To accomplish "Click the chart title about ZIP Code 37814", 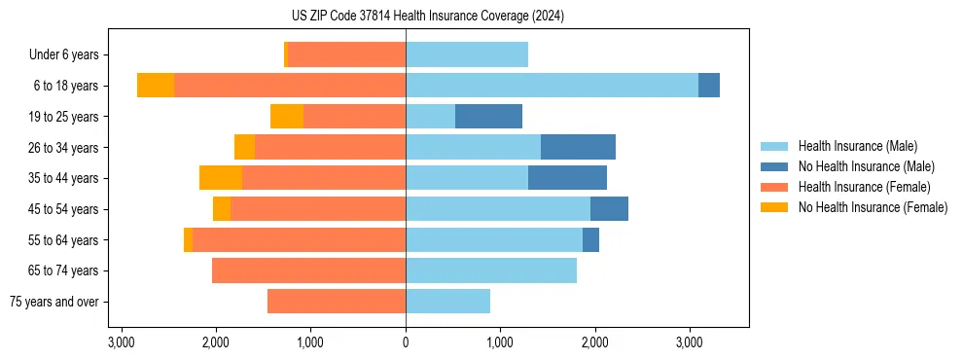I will point(481,16).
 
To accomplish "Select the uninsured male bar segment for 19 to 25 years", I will point(488,117).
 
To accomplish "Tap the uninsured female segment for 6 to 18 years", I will point(156,86).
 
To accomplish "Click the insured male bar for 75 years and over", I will point(447,302).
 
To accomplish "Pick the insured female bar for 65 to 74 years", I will point(308,270).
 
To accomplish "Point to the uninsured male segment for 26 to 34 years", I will point(578,147).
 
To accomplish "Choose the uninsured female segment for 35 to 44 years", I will point(221,178).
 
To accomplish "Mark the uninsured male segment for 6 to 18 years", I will point(709,86).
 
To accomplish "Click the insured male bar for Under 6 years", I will point(467,54).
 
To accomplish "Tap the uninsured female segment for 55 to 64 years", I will point(188,240).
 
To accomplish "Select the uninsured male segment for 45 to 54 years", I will point(609,209).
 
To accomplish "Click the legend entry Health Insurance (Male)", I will point(857,146).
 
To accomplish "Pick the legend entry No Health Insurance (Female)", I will point(873,207).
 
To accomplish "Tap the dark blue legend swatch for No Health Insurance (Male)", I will point(774,166).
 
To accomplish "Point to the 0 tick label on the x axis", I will point(406,342).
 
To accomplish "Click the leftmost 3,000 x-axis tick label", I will point(122,342).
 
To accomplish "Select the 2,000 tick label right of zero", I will point(594,342).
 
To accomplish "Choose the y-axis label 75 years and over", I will point(53,302).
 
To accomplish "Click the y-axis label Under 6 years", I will point(64,54).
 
